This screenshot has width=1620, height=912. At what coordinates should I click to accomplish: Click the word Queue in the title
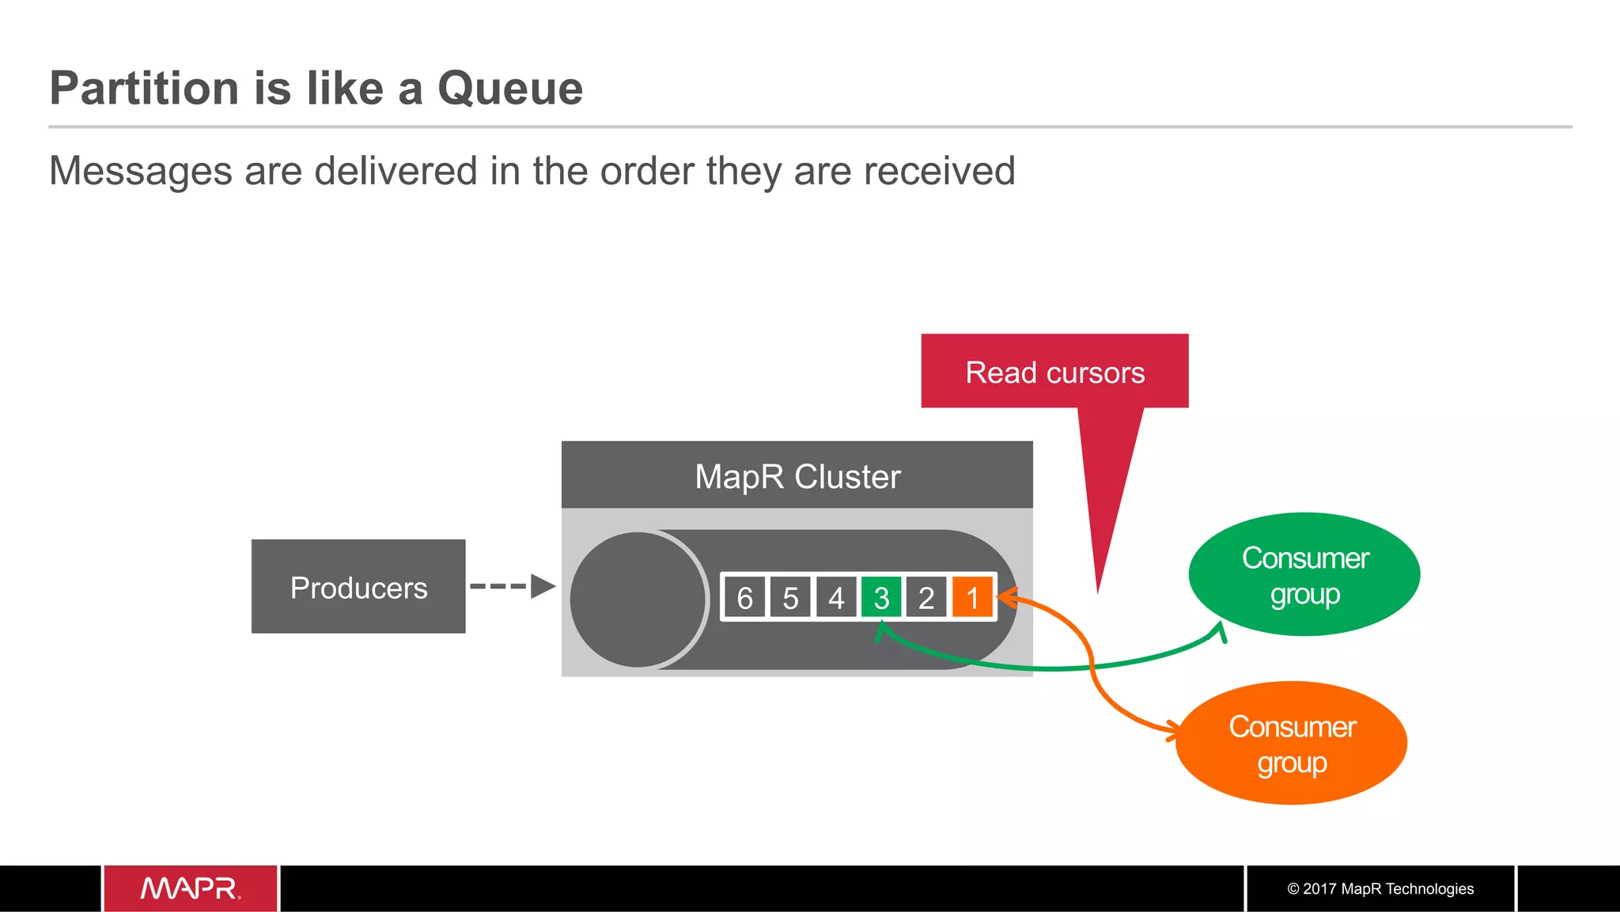[x=510, y=88]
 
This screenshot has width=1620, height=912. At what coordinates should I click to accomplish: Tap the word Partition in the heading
[x=144, y=88]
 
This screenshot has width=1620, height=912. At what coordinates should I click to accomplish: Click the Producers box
[x=358, y=587]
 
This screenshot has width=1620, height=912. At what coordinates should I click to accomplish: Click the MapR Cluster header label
[x=797, y=476]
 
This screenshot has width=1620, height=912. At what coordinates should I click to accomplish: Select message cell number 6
[x=744, y=598]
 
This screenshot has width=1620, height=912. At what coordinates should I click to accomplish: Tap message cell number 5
[x=790, y=598]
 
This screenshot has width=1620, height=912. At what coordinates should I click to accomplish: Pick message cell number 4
[x=836, y=598]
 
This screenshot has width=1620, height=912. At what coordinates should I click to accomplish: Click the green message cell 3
[x=881, y=598]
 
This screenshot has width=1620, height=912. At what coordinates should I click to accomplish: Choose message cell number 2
[x=926, y=598]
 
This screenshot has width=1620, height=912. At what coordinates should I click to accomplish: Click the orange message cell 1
[x=972, y=598]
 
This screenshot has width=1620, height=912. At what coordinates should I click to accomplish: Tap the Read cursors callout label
[x=1054, y=372]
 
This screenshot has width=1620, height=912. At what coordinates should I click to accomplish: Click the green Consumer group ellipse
[x=1304, y=575]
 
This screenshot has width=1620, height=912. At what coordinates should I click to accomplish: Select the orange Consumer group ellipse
[x=1291, y=744]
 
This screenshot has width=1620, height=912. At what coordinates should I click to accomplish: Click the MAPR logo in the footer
[x=190, y=888]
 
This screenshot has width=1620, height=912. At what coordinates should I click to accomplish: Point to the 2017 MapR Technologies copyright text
[x=1380, y=888]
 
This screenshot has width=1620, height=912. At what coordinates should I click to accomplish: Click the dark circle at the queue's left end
[x=637, y=600]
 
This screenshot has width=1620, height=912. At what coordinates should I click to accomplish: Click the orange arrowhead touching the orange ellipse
[x=1171, y=731]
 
